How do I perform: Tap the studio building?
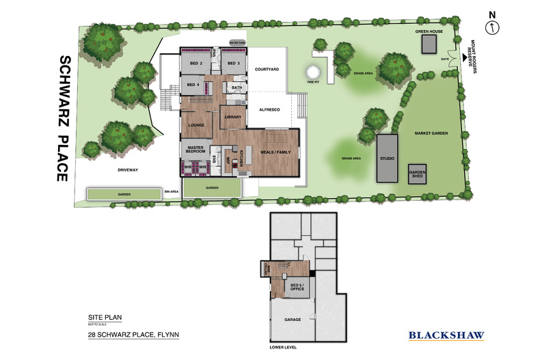pyautogui.click(x=387, y=158)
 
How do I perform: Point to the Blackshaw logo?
pyautogui.click(x=446, y=335)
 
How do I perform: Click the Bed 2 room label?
pyautogui.click(x=196, y=64)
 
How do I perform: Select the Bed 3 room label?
pyautogui.click(x=232, y=64)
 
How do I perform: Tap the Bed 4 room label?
pyautogui.click(x=193, y=85)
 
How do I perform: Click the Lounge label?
pyautogui.click(x=197, y=125)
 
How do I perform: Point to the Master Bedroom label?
pyautogui.click(x=196, y=148)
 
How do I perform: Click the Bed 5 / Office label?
pyautogui.click(x=297, y=287)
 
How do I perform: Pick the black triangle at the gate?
pyautogui.click(x=464, y=58)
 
